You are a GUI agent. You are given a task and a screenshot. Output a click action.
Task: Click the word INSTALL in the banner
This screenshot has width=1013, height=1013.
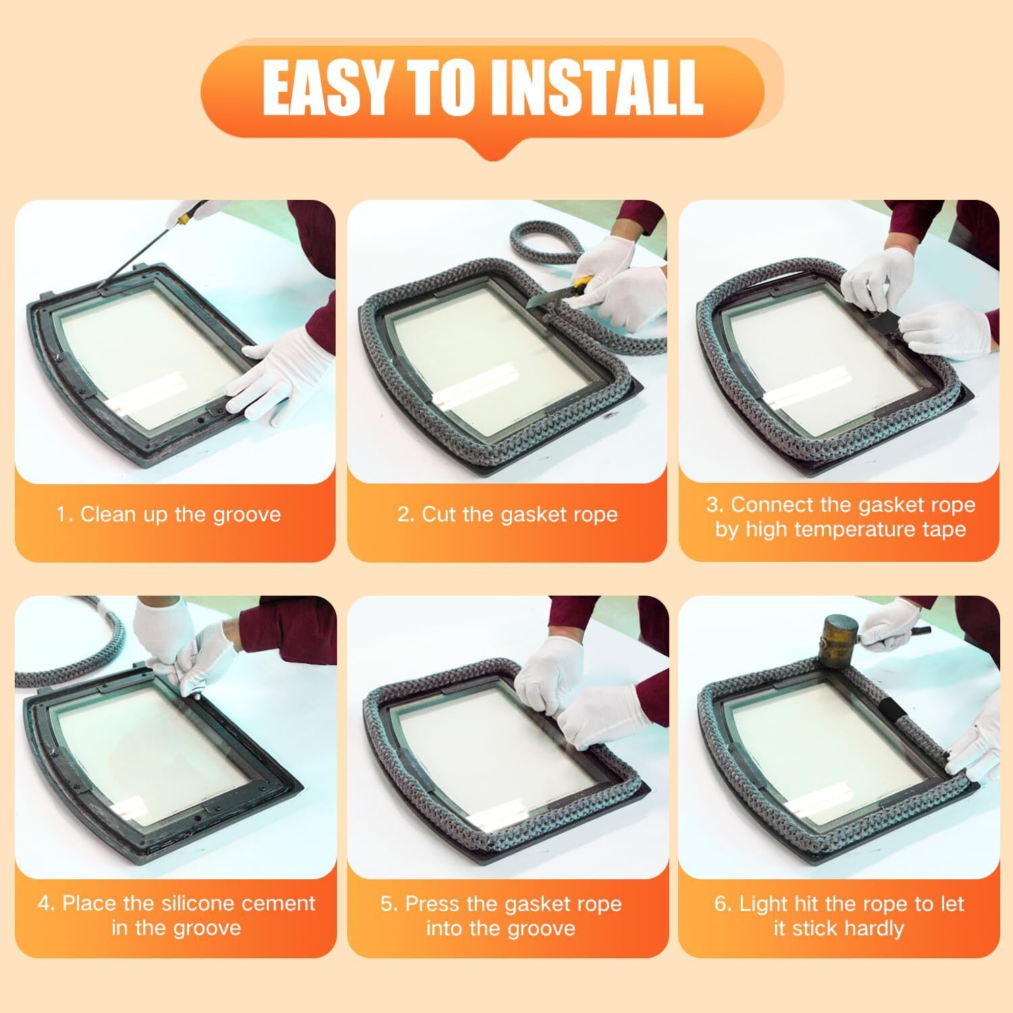tap(597, 88)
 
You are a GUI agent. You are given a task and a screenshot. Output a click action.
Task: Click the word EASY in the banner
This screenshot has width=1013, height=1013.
tap(328, 88)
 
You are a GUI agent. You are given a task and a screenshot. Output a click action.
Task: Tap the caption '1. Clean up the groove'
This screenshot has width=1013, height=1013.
tap(168, 515)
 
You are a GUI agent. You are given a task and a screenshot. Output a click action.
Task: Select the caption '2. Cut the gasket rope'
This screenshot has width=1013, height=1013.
tap(507, 515)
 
